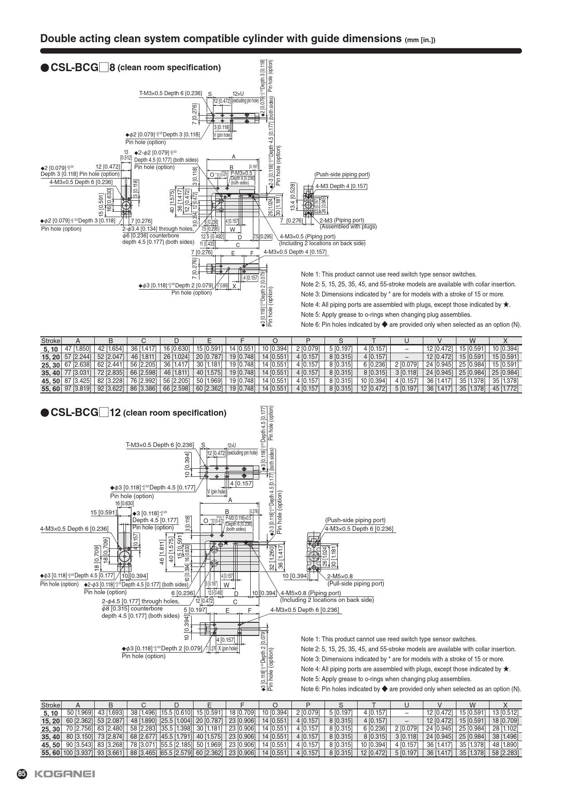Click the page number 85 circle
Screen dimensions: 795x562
tap(22, 774)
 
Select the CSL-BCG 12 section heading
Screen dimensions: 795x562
tap(133, 413)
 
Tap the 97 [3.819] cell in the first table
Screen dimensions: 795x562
tap(78, 389)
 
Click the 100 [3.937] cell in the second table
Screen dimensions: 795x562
tap(78, 753)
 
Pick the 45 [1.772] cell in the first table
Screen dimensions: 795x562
tap(505, 389)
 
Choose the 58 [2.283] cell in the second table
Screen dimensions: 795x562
tap(505, 753)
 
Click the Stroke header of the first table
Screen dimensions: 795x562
tap(50, 341)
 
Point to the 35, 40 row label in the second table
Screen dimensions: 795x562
tap(50, 737)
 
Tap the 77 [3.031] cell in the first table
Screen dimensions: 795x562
tap(78, 373)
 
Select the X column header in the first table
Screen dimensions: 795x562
tap(505, 341)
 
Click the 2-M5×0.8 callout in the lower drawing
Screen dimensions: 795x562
tap(339, 576)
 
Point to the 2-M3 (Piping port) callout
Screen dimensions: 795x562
tap(341, 220)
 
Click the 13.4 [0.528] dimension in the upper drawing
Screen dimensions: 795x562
tap(293, 196)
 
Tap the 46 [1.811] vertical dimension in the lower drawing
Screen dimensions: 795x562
tap(162, 552)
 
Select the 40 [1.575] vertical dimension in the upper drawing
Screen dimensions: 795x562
tap(172, 201)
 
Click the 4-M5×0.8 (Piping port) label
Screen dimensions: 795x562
tap(310, 593)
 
